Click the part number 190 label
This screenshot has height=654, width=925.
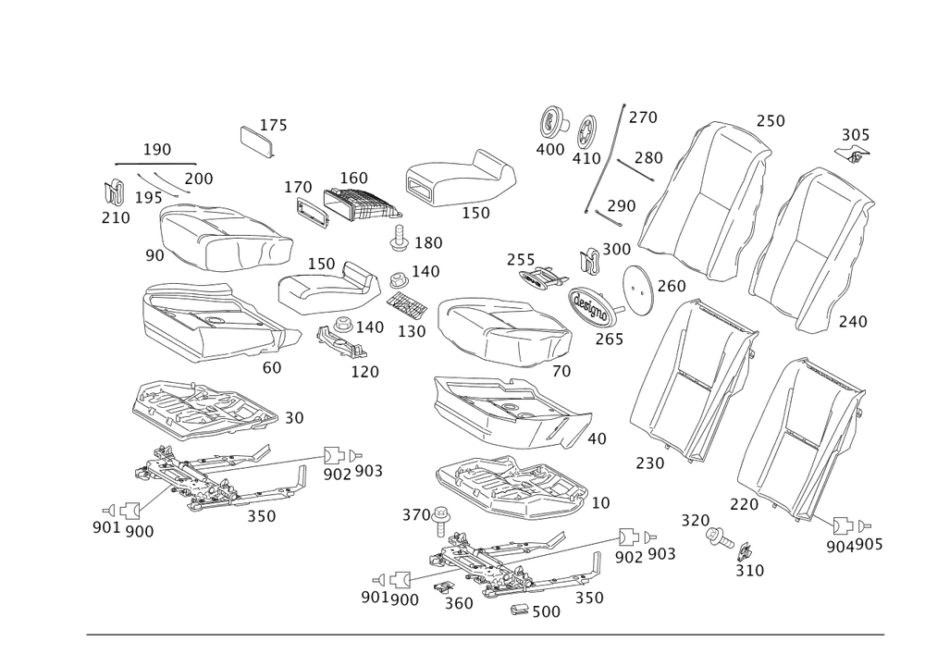[x=156, y=149]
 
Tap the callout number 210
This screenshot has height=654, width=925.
[x=117, y=218]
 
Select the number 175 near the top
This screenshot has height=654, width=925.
[x=274, y=125]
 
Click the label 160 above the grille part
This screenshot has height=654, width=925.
[x=353, y=177]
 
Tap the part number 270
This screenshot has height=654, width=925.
[x=643, y=117]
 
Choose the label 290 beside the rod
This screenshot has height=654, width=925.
[x=621, y=205]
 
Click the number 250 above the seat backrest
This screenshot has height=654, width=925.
[x=770, y=121]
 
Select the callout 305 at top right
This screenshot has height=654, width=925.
[x=856, y=135]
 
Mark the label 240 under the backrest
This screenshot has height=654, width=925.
[x=852, y=321]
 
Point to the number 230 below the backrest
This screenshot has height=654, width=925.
[x=650, y=463]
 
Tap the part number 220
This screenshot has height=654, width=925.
[x=744, y=505]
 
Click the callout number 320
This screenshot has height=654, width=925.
[x=695, y=519]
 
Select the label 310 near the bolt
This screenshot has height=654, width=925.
[x=749, y=571]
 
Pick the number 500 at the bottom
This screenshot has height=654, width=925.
[x=546, y=611]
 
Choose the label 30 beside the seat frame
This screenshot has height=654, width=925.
[x=294, y=419]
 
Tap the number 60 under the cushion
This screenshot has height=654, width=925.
[x=271, y=366]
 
